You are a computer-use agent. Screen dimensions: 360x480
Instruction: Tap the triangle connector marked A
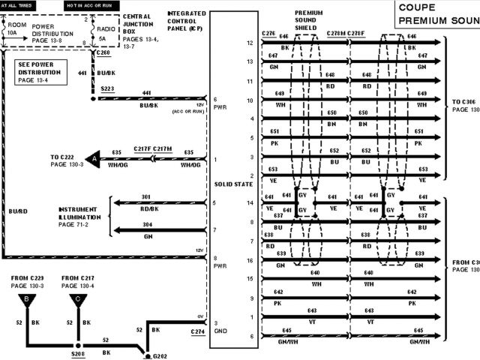tap(93, 159)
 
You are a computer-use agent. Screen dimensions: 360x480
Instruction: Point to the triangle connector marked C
tap(76, 302)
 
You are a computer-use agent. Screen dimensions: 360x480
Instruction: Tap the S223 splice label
tap(109, 88)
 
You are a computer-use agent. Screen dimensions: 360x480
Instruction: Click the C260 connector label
tap(103, 55)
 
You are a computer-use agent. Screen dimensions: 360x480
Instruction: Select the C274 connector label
tap(196, 331)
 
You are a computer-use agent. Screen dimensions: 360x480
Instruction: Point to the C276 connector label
tap(268, 34)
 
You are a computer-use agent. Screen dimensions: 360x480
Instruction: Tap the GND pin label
tap(220, 331)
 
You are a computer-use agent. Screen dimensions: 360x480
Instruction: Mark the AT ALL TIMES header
tap(16, 4)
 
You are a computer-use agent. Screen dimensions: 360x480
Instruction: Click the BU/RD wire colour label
tap(17, 212)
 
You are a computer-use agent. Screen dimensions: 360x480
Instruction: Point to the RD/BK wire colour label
tap(147, 209)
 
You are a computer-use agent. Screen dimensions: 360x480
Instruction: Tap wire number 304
tap(147, 223)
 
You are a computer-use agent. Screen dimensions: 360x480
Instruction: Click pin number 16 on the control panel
tap(250, 260)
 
